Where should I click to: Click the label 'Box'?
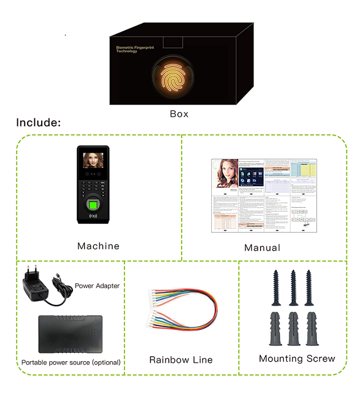[x=179, y=114]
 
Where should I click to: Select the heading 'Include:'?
[x=38, y=123]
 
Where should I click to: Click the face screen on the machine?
[x=93, y=161]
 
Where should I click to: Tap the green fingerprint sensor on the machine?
[x=92, y=208]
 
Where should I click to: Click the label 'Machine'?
[x=98, y=246]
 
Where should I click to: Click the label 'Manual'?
[x=262, y=248]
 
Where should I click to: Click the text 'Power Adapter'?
[x=97, y=286]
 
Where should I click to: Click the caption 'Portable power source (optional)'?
[x=71, y=363]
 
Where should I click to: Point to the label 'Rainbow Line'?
[x=181, y=360]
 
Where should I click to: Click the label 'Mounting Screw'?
[x=297, y=358]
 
